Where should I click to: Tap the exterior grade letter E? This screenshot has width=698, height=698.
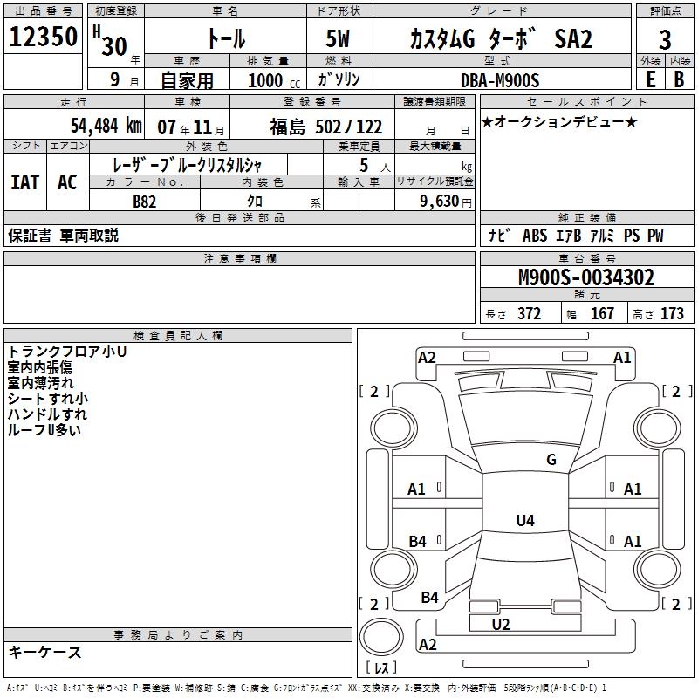(x=649, y=79)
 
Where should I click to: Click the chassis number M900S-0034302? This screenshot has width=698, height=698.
(x=586, y=278)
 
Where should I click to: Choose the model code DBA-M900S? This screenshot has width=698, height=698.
(x=500, y=80)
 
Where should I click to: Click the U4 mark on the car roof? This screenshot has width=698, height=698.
(x=524, y=521)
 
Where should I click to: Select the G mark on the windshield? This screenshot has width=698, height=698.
(x=551, y=460)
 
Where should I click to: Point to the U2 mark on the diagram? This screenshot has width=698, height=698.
(x=500, y=624)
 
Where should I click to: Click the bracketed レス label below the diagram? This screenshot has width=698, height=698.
(x=380, y=668)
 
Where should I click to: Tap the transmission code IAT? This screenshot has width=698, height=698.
(x=25, y=182)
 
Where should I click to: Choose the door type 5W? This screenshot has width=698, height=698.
(x=338, y=39)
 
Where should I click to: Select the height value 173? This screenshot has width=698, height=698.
(x=672, y=314)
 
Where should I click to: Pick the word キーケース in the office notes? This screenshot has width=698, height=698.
(x=44, y=652)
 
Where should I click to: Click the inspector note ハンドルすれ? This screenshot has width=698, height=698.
(x=47, y=414)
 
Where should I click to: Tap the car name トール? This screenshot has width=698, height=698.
(x=226, y=39)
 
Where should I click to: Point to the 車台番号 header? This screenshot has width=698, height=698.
(x=586, y=259)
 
